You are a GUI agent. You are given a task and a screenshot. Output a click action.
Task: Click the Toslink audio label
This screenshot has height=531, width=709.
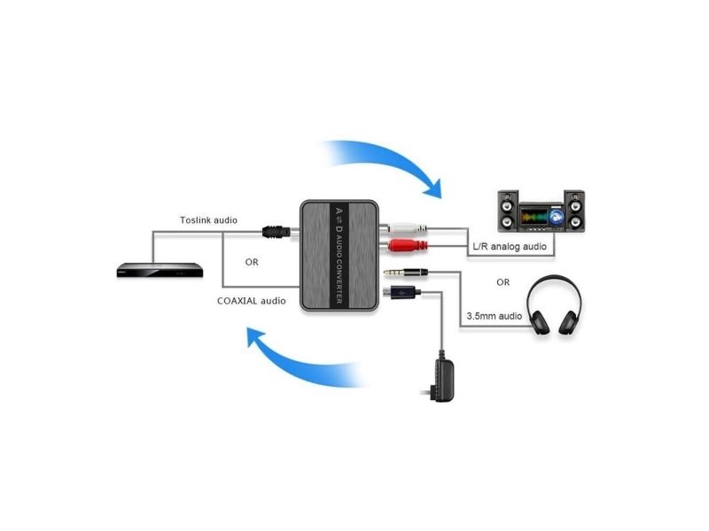pyautogui.click(x=208, y=220)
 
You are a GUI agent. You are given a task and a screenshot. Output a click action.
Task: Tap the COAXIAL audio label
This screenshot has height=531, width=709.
pyautogui.click(x=252, y=301)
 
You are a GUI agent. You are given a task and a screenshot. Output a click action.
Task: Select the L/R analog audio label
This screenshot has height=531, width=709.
pyautogui.click(x=510, y=247)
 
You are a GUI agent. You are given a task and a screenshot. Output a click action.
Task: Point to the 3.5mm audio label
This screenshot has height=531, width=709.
pyautogui.click(x=495, y=316)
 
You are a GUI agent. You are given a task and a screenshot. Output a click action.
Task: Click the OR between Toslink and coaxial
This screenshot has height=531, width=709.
pyautogui.click(x=252, y=262)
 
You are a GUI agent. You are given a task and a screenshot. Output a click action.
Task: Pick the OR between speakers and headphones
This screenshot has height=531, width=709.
pyautogui.click(x=503, y=282)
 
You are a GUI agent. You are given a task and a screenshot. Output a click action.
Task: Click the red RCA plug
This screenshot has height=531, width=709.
pyautogui.click(x=405, y=246)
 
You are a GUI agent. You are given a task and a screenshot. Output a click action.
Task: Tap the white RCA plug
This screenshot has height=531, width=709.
pyautogui.click(x=405, y=228)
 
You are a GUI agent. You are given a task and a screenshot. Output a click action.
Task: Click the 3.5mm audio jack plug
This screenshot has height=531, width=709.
pyautogui.click(x=406, y=273)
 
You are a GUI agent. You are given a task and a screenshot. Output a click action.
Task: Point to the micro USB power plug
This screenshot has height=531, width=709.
pyautogui.click(x=401, y=293)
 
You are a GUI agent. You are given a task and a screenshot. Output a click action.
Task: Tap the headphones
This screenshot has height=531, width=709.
pyautogui.click(x=555, y=304)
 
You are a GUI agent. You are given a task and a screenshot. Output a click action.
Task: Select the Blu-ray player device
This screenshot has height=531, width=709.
pyautogui.click(x=160, y=270)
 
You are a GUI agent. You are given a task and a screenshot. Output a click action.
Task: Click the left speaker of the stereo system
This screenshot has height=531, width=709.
pyautogui.click(x=508, y=211)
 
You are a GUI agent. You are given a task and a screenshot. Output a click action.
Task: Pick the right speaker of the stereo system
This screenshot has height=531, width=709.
pyautogui.click(x=574, y=211)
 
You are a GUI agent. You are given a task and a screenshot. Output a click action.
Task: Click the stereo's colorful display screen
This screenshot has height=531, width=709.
pyautogui.click(x=541, y=216)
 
